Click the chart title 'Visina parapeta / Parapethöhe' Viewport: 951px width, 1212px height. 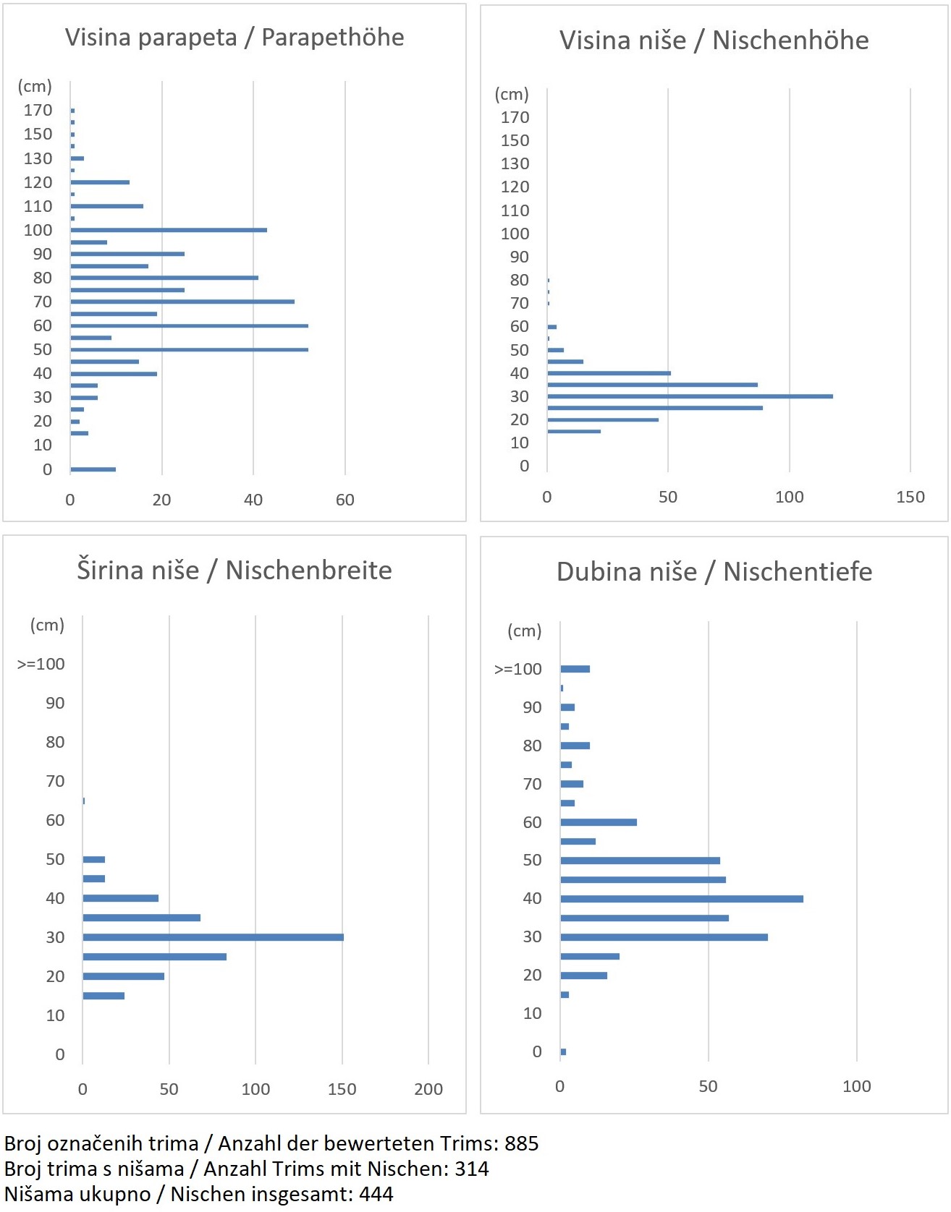pyautogui.click(x=234, y=38)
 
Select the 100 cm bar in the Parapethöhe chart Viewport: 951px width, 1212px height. pyautogui.click(x=169, y=230)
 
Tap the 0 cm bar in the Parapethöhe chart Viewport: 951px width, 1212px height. pyautogui.click(x=93, y=469)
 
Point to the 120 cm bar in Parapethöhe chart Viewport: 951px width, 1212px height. pyautogui.click(x=100, y=182)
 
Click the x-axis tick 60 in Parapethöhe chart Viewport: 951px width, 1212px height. pyautogui.click(x=345, y=500)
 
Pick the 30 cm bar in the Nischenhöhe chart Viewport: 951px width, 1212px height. pyautogui.click(x=690, y=396)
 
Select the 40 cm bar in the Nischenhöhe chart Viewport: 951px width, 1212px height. pyautogui.click(x=609, y=373)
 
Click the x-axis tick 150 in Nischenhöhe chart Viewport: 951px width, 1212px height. pyautogui.click(x=910, y=497)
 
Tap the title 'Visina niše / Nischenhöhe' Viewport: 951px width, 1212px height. pyautogui.click(x=714, y=40)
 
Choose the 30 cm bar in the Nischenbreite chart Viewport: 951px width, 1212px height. pyautogui.click(x=213, y=937)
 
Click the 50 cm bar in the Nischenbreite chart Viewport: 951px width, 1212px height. pyautogui.click(x=94, y=859)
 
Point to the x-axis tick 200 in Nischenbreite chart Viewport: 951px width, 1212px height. pyautogui.click(x=428, y=1089)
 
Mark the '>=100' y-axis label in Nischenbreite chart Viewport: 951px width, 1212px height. pyautogui.click(x=41, y=664)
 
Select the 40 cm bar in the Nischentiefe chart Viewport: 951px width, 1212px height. pyautogui.click(x=681, y=899)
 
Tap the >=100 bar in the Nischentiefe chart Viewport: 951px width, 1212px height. pyautogui.click(x=575, y=669)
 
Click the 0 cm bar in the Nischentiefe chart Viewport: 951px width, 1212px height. pyautogui.click(x=563, y=1051)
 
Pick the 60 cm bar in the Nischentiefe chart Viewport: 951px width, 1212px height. pyautogui.click(x=599, y=822)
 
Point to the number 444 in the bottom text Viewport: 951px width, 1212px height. pyautogui.click(x=376, y=1194)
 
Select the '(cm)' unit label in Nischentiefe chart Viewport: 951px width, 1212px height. pyautogui.click(x=524, y=631)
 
